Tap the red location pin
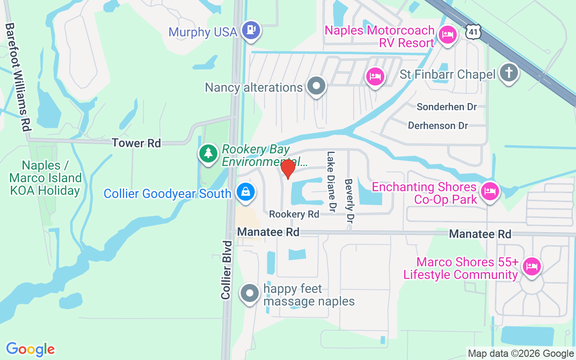tap(288, 169)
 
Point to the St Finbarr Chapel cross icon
tap(509, 72)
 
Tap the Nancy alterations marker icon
tap(316, 85)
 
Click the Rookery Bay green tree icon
tap(208, 153)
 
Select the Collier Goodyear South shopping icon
tap(246, 192)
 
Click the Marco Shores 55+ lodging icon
tap(531, 266)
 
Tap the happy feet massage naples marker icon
tap(250, 294)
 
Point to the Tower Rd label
tap(136, 143)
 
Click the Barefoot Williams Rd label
tap(17, 77)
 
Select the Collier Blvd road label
tap(226, 270)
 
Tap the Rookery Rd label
tap(294, 214)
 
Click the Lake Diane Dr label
tap(332, 181)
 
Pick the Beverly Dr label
tap(349, 201)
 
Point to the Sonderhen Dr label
tap(446, 107)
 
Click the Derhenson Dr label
tap(438, 126)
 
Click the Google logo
tap(31, 349)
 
